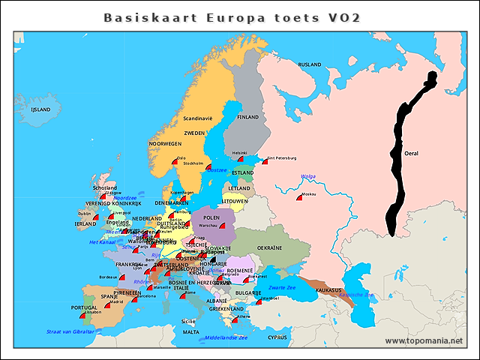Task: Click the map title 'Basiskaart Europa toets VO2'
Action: [x=231, y=17]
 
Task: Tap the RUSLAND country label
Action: [x=310, y=64]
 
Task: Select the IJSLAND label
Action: [x=40, y=109]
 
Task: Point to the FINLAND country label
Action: [x=248, y=117]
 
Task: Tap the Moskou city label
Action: [x=308, y=194]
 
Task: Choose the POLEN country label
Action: [x=211, y=216]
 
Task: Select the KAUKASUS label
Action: [x=328, y=289]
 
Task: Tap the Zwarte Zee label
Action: [x=283, y=287]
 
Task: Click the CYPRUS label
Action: [x=277, y=337]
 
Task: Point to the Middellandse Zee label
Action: [x=226, y=337]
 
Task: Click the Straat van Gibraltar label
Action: [x=70, y=331]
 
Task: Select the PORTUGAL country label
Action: [x=84, y=307]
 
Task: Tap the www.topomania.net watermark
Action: [x=424, y=341]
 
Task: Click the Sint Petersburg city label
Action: [x=282, y=158]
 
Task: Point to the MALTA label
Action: [x=192, y=331]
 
